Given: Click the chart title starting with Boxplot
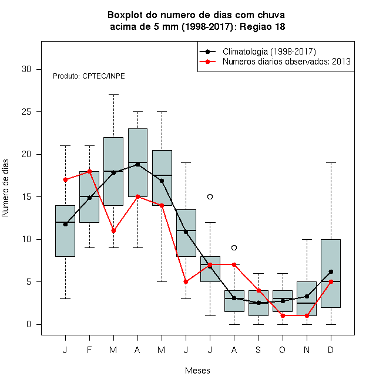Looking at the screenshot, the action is (197, 21).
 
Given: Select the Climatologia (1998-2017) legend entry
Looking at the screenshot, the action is (257, 52).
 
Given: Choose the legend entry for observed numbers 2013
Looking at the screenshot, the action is (275, 62).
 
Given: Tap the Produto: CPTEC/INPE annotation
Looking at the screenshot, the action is (89, 76).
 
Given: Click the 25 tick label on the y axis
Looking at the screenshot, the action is (26, 112).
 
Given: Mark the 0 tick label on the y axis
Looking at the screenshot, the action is (29, 324).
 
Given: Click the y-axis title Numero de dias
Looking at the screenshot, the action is (5, 188).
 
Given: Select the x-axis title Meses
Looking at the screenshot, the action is (197, 371).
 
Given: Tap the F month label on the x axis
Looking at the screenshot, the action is (89, 349).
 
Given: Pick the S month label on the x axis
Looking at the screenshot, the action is (258, 349).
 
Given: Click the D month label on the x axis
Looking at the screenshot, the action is (331, 349).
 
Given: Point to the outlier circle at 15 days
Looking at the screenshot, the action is (210, 196).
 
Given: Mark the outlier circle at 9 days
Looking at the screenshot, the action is (234, 247).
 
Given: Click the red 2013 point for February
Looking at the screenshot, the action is (89, 171).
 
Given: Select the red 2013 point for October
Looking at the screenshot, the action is (283, 315).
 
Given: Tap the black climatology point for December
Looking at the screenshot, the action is (331, 271).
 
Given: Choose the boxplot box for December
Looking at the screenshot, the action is (331, 273).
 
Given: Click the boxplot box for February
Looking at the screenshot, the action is (89, 196).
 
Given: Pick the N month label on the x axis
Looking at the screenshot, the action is (307, 349).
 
